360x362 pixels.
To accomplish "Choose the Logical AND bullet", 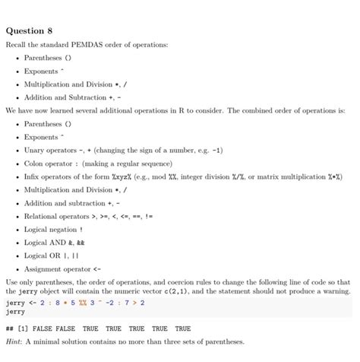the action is (x=46, y=243).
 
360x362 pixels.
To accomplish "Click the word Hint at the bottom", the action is (x=14, y=342).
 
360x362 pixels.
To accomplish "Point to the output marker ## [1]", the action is (x=18, y=329).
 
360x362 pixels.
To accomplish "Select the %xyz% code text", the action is (x=123, y=176).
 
